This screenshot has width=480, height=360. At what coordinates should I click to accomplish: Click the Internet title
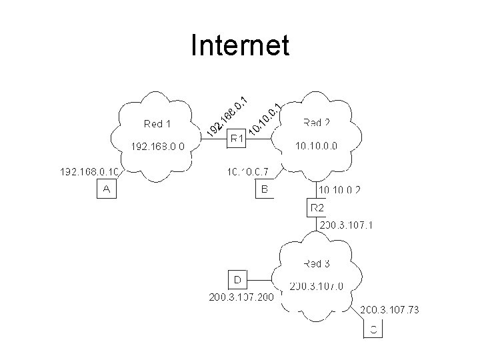tap(239, 46)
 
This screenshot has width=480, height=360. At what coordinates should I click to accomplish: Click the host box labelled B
tap(265, 190)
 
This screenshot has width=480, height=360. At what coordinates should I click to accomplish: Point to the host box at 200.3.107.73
tap(374, 329)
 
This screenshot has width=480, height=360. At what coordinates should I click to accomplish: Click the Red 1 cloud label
tap(157, 123)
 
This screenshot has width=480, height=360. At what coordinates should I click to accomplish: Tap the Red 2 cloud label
tap(317, 123)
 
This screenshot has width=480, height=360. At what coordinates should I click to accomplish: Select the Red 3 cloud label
tap(317, 264)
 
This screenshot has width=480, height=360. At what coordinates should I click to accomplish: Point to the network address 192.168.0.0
tap(158, 145)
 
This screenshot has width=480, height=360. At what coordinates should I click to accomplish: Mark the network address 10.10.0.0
tap(316, 145)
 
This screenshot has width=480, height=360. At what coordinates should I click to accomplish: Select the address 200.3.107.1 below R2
tap(347, 225)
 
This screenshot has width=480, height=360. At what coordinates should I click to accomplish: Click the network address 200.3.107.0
tap(316, 287)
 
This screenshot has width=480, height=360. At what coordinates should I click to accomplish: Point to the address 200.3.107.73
tap(389, 310)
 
